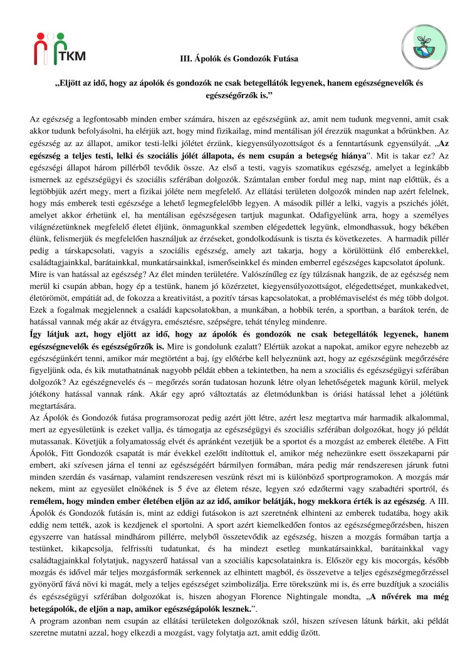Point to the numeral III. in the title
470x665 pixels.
185,58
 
